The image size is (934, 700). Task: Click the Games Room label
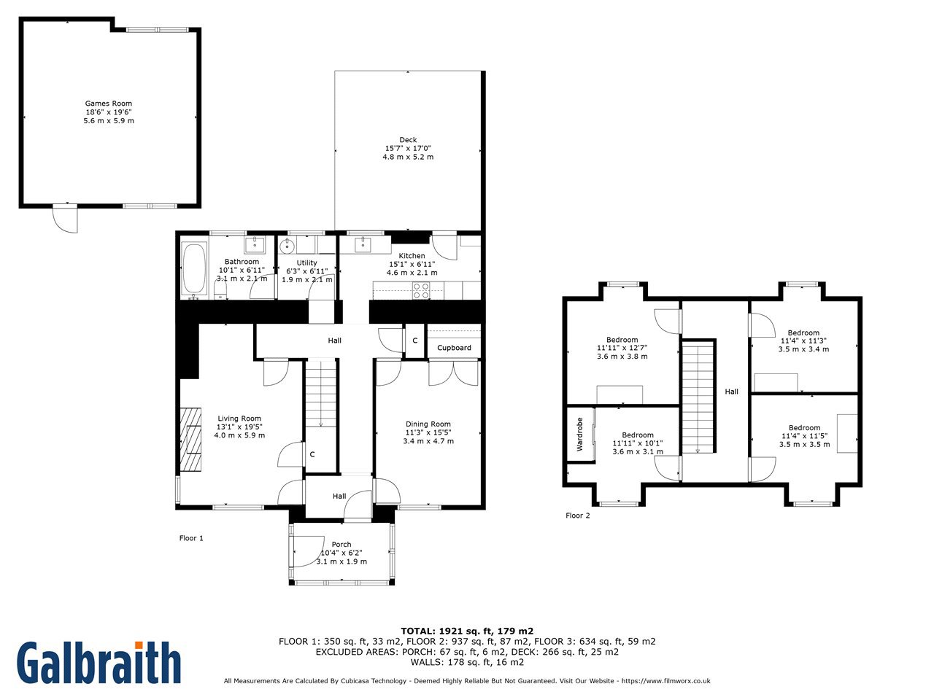coord(109,104)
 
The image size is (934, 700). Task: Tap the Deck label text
coord(408,140)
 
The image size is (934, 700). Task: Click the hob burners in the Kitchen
coord(420,290)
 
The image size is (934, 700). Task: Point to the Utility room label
coord(306,262)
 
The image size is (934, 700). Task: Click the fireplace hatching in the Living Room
coord(190,440)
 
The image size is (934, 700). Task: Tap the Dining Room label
coord(428,424)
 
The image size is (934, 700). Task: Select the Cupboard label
coord(454,348)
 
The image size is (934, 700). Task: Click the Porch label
coord(341,545)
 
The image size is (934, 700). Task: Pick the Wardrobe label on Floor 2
coord(579,434)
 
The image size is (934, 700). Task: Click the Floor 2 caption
coord(577,516)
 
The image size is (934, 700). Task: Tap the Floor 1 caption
coord(191,538)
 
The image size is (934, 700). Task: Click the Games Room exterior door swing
coord(65,219)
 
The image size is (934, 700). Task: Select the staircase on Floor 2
coord(698,397)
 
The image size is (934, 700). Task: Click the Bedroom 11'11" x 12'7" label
coord(622,348)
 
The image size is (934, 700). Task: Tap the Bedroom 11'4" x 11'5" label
coord(804,436)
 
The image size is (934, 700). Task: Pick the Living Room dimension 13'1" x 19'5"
coord(239,427)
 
